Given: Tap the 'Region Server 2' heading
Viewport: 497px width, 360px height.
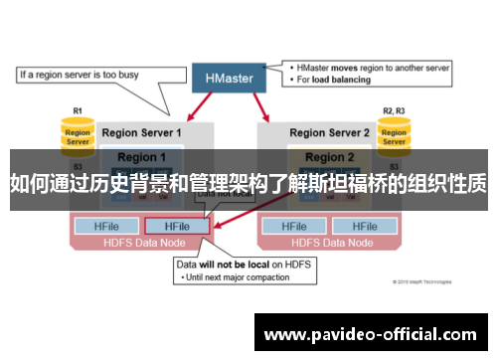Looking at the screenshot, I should pyautogui.click(x=328, y=132).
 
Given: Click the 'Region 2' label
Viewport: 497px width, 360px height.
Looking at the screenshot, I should pyautogui.click(x=329, y=157).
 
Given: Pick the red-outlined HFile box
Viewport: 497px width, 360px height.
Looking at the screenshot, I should pyautogui.click(x=177, y=226).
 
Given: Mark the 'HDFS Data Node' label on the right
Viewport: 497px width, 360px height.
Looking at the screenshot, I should pyautogui.click(x=328, y=242).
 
